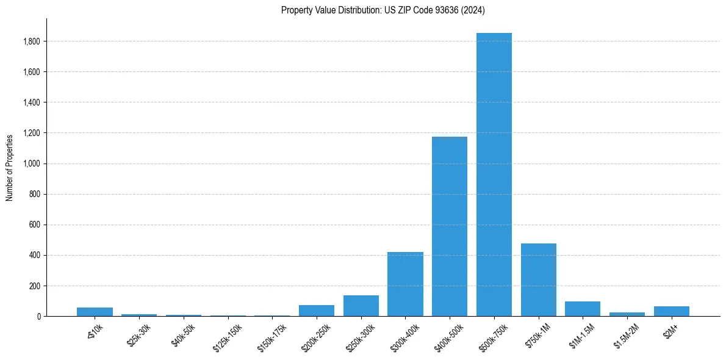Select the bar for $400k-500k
[450, 226]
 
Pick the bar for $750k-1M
[538, 279]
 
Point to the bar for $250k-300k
[361, 306]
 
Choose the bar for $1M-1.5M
[583, 309]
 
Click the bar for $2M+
[671, 311]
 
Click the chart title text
[383, 10]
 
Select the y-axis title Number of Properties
[10, 168]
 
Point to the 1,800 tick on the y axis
[32, 41]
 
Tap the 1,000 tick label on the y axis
[32, 164]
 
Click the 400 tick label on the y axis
[35, 255]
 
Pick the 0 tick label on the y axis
[38, 316]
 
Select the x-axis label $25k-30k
[139, 335]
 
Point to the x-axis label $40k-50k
[184, 335]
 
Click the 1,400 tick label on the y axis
[32, 103]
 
